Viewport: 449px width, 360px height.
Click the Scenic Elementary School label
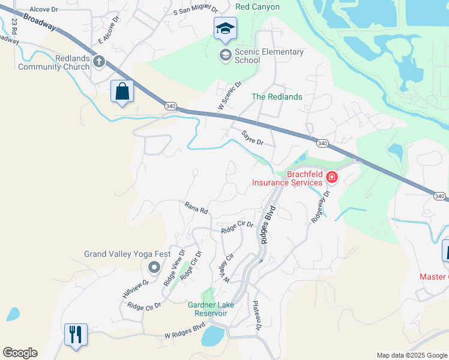tap(261, 56)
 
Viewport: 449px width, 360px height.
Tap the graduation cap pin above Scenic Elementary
tap(226, 29)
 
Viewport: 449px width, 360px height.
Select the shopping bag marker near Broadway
tap(122, 92)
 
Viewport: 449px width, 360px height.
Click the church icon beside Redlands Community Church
tap(99, 61)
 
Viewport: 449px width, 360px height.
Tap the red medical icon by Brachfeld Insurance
tap(331, 178)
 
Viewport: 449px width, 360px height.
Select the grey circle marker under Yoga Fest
tap(154, 268)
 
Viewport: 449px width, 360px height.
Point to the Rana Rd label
tap(196, 208)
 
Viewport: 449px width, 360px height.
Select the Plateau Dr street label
tap(257, 316)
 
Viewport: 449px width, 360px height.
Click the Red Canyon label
tap(258, 7)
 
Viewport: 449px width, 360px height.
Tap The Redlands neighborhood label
tap(277, 97)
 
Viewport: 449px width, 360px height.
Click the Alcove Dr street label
tap(43, 10)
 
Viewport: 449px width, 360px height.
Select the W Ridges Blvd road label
tap(185, 335)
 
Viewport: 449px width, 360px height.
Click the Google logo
tap(20, 353)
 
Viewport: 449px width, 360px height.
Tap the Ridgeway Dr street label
tap(321, 208)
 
